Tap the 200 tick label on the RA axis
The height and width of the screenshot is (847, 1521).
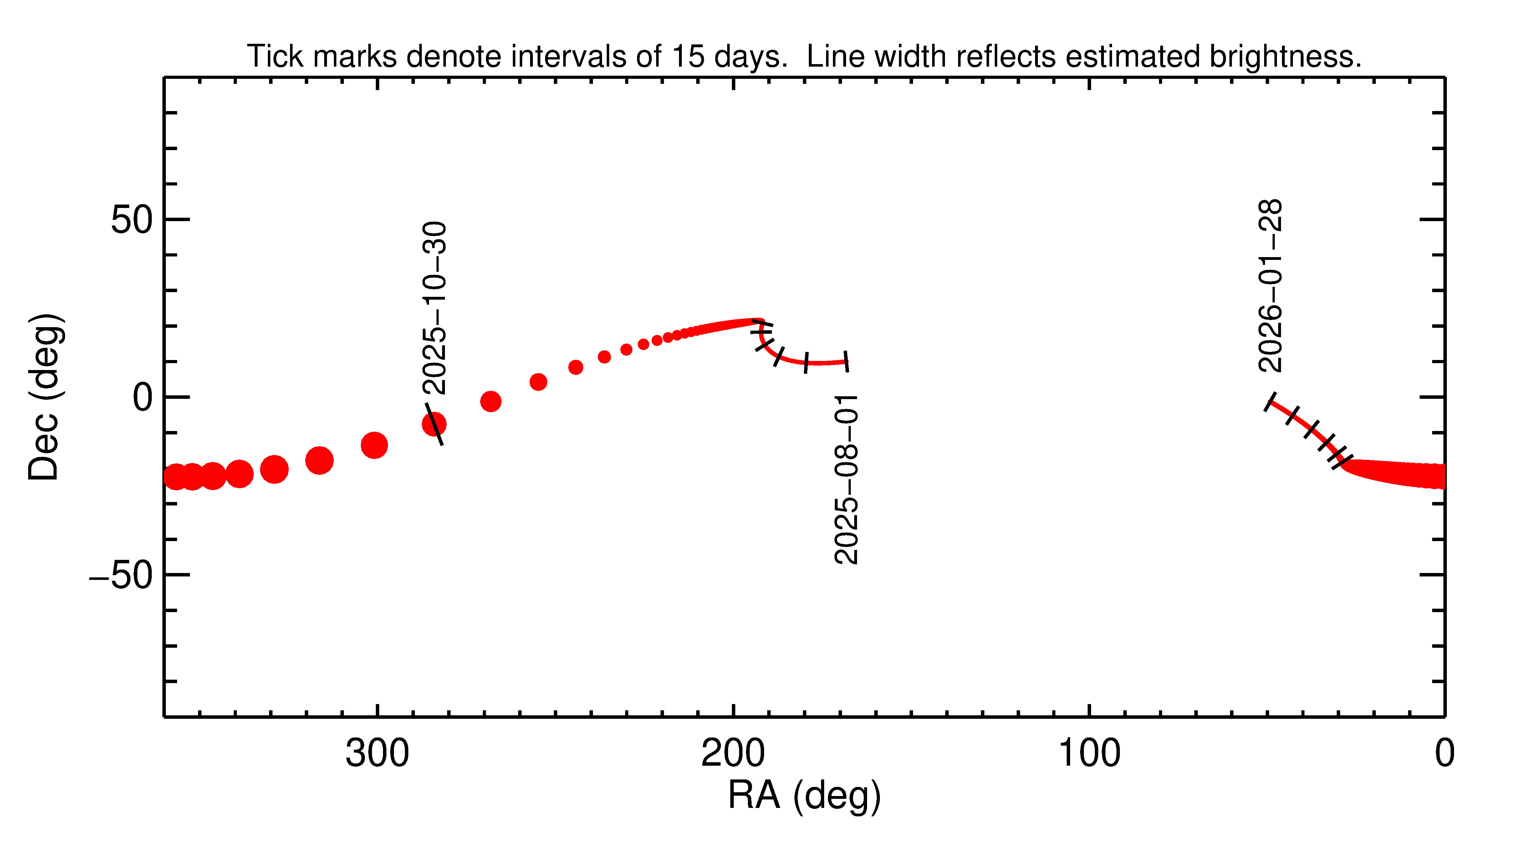coord(733,754)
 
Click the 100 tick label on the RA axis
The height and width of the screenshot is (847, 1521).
coord(1089,754)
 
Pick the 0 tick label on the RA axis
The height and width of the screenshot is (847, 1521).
coord(1444,754)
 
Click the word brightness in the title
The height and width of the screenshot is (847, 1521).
coord(1285,57)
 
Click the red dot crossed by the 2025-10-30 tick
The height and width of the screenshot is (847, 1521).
coord(434,424)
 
